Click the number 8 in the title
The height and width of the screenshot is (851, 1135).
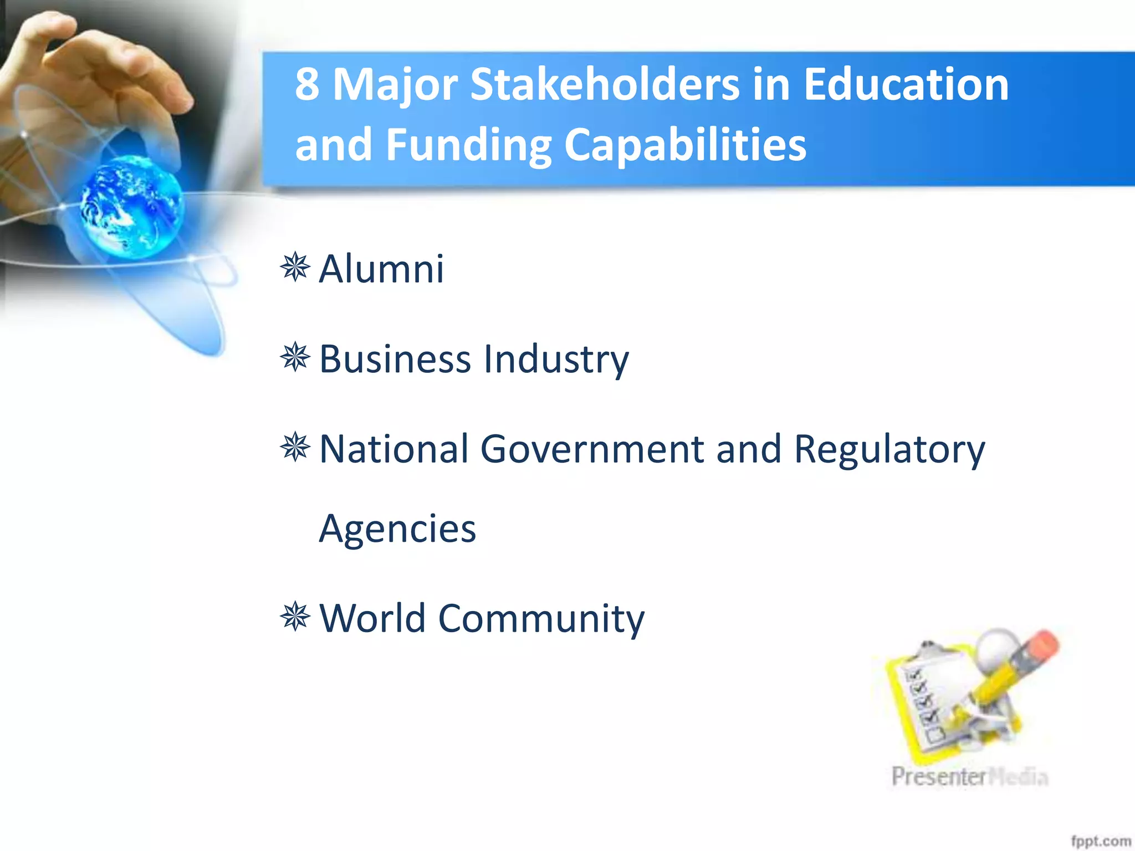point(307,84)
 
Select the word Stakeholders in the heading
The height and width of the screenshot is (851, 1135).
point(605,84)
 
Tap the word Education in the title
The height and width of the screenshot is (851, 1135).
point(906,84)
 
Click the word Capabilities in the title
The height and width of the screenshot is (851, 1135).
point(685,145)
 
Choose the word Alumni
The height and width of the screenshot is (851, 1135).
point(381,269)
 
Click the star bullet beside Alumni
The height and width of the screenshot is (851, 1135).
point(295,267)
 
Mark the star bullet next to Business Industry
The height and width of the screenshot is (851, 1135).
point(295,357)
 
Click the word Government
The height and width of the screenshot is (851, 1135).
point(592,449)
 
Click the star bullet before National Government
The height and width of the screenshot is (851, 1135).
point(295,447)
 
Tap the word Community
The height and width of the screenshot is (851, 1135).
point(541,619)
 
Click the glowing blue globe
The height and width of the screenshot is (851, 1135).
point(132,206)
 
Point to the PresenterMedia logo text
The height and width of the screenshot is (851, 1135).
point(969,777)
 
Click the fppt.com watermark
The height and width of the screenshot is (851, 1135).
point(1100,841)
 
